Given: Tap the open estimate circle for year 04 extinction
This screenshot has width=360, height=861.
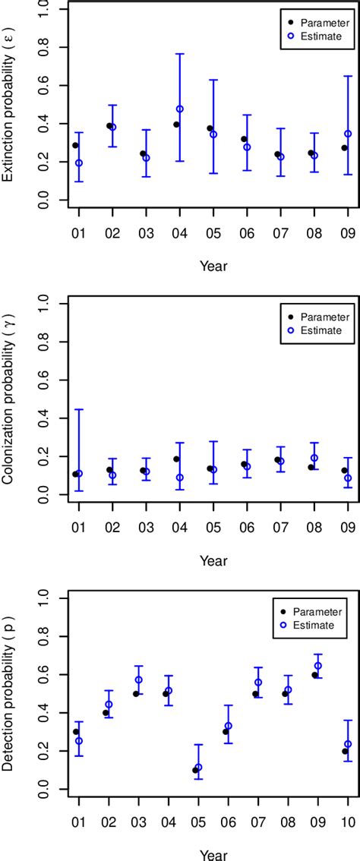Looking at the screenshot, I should (x=180, y=109).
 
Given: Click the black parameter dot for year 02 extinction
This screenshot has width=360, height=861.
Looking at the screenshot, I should (x=109, y=126).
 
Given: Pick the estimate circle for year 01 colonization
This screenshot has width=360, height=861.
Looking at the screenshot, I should (x=79, y=473).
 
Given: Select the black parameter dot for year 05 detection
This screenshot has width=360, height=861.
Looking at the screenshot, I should (x=195, y=770).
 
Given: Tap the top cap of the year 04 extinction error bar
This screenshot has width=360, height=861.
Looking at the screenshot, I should (x=180, y=54).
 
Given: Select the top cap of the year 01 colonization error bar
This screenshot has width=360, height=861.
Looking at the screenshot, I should (x=79, y=409).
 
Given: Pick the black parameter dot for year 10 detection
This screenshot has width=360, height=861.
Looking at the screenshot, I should (x=345, y=751).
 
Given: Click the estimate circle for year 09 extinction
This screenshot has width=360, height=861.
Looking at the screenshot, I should (x=348, y=134).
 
